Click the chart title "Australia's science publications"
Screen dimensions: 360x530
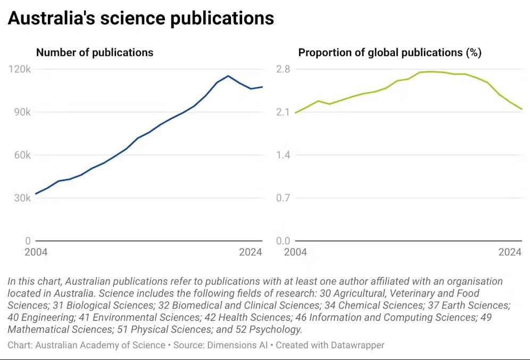(140, 19)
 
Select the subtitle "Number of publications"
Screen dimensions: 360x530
(94, 53)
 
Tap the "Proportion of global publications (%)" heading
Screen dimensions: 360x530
(390, 53)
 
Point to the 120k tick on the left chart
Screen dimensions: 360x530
(20, 69)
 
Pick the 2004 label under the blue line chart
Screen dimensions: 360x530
(36, 252)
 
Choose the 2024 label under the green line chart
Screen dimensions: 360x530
(510, 252)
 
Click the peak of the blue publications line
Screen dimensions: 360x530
(228, 76)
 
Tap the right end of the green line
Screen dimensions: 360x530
(522, 109)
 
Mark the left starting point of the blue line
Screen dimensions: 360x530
(36, 194)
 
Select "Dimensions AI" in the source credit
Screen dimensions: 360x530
(237, 345)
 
